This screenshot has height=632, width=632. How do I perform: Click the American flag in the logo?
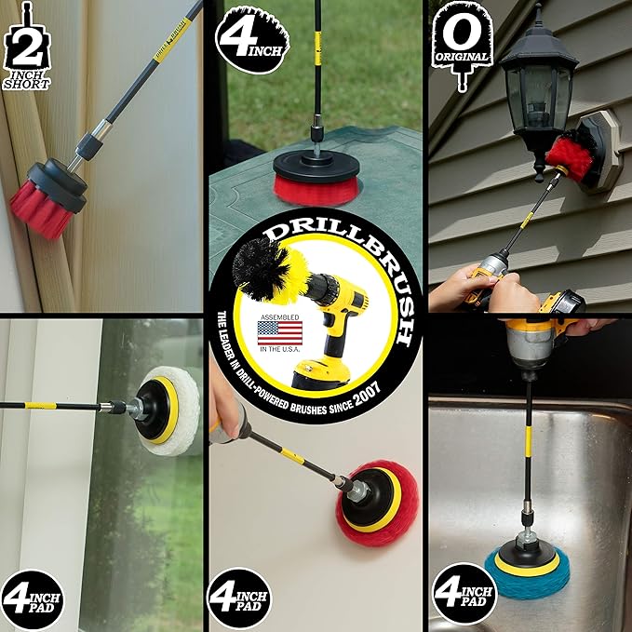[x=279, y=332]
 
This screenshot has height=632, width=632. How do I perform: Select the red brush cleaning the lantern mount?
[x=571, y=153]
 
